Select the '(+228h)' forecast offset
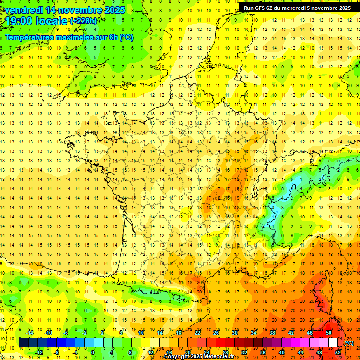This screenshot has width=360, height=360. pyautogui.click(x=83, y=21)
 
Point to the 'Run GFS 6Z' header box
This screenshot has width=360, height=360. pyautogui.click(x=297, y=7)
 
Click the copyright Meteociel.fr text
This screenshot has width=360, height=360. pyautogui.click(x=202, y=357)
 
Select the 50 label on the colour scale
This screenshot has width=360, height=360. pyautogui.click(x=329, y=332)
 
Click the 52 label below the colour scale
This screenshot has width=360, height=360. pyautogui.click(x=338, y=352)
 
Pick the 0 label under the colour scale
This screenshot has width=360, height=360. pyautogui.click(x=93, y=352)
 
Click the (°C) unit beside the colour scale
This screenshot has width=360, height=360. pyautogui.click(x=349, y=343)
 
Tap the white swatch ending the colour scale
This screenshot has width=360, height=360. pyautogui.click(x=333, y=343)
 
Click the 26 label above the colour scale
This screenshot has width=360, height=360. pyautogui.click(x=216, y=332)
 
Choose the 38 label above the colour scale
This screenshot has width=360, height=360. pyautogui.click(x=272, y=332)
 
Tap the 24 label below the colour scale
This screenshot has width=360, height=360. pyautogui.click(x=206, y=352)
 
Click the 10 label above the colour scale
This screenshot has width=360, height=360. pyautogui.click(x=141, y=332)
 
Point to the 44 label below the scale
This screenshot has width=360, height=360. pyautogui.click(x=300, y=352)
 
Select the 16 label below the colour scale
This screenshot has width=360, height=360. pyautogui.click(x=169, y=352)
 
